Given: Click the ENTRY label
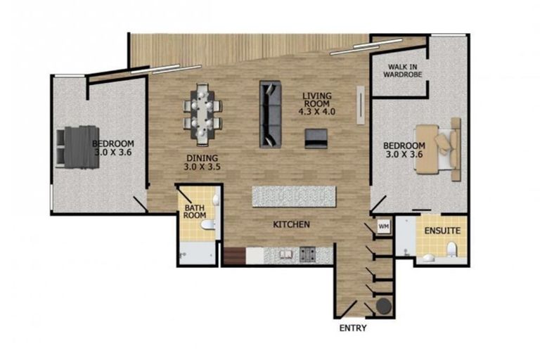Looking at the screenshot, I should tap(353, 328).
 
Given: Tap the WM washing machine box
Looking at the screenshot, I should tap(383, 226).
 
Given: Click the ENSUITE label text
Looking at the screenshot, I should tap(442, 231).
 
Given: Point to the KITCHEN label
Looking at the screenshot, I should tap(292, 225).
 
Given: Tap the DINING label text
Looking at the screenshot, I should tap(202, 162).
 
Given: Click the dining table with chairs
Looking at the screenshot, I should tap(202, 111).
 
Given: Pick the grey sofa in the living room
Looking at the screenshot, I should tap(270, 114).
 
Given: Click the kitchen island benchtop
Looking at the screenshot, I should tap(294, 195).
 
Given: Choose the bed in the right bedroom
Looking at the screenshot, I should tap(437, 148).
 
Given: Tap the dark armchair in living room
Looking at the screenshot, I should tap(315, 139).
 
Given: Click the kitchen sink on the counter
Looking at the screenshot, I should tap(285, 252).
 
